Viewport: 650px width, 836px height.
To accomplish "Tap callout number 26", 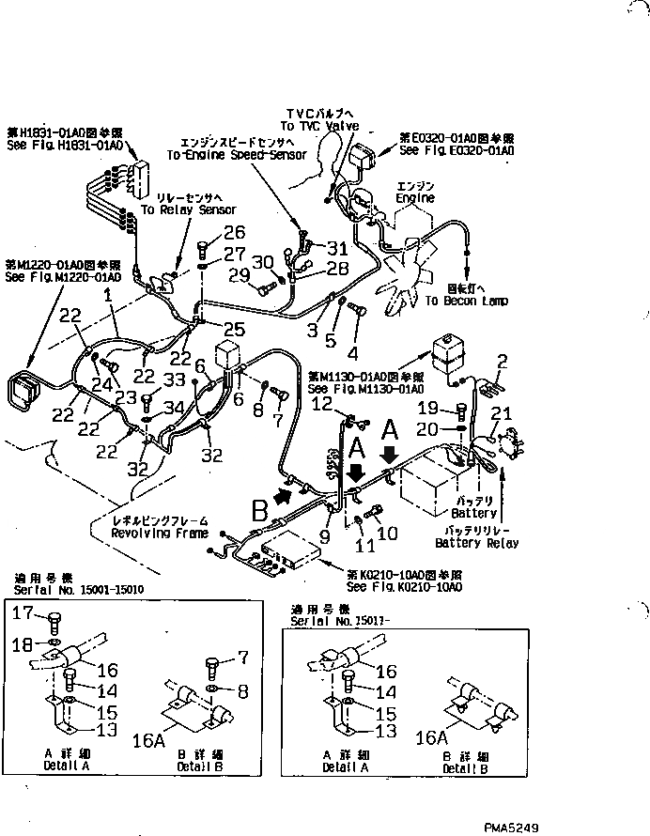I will [234, 233].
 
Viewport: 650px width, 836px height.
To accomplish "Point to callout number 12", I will [322, 404].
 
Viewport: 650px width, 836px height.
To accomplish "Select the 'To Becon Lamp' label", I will [466, 301].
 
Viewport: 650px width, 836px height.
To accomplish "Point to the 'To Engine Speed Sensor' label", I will [236, 154].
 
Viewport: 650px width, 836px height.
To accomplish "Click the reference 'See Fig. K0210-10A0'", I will [404, 586].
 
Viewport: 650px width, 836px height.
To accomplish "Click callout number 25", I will [234, 329].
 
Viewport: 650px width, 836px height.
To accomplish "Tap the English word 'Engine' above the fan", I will [415, 198].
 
